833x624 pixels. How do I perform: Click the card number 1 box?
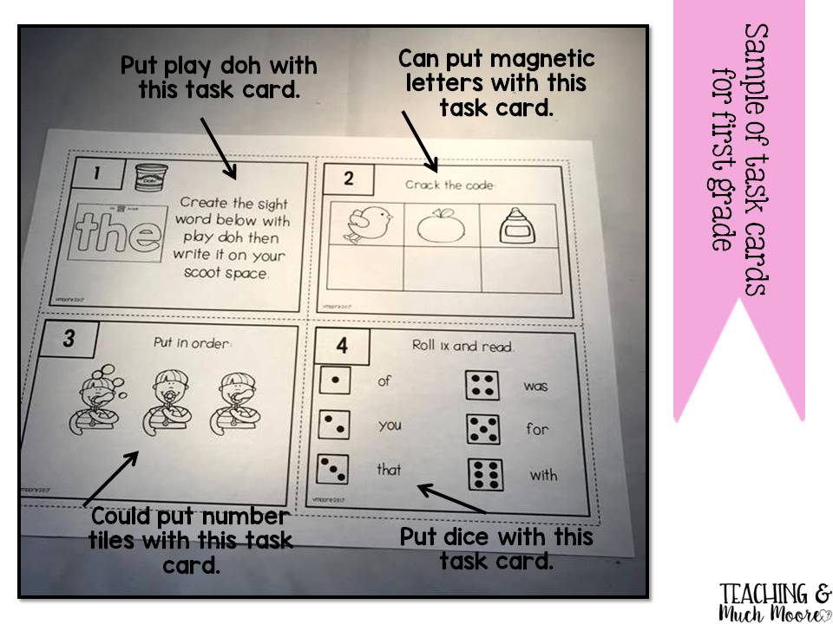pos(96,173)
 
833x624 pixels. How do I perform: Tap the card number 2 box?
pos(349,180)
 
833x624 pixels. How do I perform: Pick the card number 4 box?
pos(342,345)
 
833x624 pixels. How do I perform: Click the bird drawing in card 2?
pos(357,225)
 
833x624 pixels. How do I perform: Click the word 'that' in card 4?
pos(389,470)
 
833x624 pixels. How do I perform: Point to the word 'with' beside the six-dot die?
pos(543,475)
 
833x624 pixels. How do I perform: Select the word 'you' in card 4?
pos(390,426)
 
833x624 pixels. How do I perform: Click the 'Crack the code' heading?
pos(449,185)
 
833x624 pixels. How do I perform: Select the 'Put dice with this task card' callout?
pos(496,549)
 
